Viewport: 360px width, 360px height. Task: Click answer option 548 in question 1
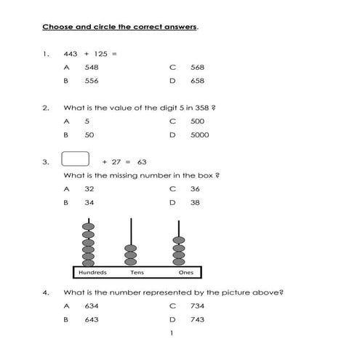91,68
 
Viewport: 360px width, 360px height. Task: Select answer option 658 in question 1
197,81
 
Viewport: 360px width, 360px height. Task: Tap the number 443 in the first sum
71,53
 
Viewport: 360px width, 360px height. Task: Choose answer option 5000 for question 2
199,135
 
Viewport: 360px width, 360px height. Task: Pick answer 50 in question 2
89,135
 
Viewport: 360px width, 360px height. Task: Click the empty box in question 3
76,159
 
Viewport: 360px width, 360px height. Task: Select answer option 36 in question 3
195,189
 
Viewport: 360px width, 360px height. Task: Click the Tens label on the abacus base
136,273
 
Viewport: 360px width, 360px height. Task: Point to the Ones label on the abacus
186,273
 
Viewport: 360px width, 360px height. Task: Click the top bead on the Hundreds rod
89,228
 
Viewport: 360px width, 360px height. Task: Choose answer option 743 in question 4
197,319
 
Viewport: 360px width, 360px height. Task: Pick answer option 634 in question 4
91,306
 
